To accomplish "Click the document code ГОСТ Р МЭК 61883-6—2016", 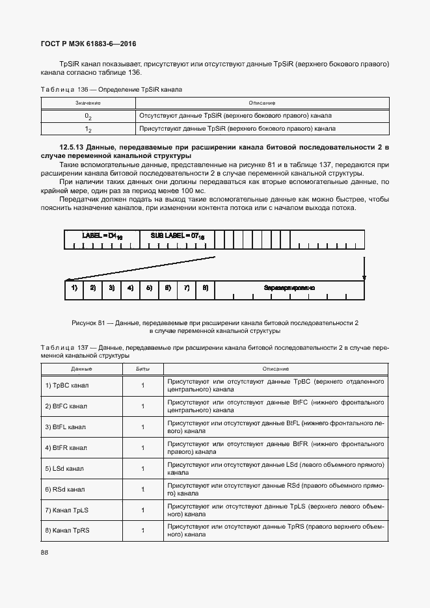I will coord(89,44).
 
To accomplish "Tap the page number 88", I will coord(44,552).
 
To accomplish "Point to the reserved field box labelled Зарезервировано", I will coord(289,287).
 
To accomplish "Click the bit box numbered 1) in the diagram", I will coord(74,287).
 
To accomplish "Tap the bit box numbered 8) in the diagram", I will coord(205,287).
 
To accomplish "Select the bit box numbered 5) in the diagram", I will coord(149,287).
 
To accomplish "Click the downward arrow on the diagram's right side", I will coord(364,267).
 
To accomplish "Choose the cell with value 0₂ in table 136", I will coord(88,115).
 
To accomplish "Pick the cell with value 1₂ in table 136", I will coord(88,129).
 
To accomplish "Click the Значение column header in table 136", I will coord(88,103).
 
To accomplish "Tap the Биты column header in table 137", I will coord(142,368).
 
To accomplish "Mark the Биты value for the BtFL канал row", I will coord(142,427).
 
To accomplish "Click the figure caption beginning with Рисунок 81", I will coord(215,326).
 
